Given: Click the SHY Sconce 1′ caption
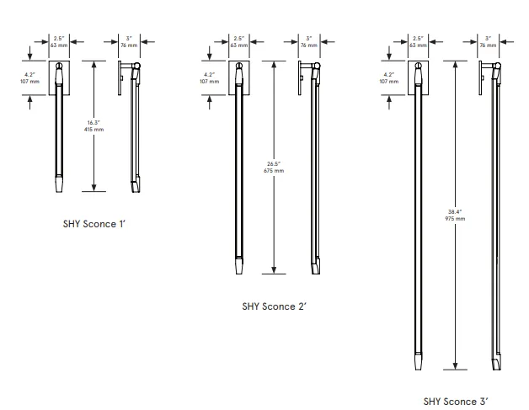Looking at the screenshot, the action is click(94, 224).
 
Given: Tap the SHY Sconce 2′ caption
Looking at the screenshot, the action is click(274, 306).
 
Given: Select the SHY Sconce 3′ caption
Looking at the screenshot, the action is click(456, 402).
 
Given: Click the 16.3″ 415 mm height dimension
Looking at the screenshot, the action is click(94, 126).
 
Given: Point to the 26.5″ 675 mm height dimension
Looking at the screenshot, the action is click(274, 168).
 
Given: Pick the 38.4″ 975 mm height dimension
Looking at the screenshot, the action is click(455, 216).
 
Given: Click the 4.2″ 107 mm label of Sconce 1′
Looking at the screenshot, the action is click(30, 78).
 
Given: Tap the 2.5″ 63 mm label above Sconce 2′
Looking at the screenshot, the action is click(239, 42).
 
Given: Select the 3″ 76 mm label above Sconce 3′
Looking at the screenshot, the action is click(489, 42).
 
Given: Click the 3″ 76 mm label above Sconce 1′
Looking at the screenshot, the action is click(129, 42).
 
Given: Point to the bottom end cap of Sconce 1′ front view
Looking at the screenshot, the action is click(59, 184).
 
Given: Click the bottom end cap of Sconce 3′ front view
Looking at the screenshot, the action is click(419, 361).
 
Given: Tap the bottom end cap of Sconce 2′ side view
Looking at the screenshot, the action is click(316, 266).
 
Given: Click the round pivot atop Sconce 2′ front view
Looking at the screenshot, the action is click(239, 66).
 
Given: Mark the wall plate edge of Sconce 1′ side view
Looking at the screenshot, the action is click(120, 78).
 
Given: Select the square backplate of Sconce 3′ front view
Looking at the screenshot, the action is click(419, 78).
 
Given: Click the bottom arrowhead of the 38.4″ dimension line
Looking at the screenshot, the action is click(455, 366).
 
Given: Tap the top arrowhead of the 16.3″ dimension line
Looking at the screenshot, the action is click(94, 64).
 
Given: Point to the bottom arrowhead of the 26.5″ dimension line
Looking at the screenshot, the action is click(274, 270).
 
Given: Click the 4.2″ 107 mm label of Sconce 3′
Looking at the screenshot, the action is click(389, 78).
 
